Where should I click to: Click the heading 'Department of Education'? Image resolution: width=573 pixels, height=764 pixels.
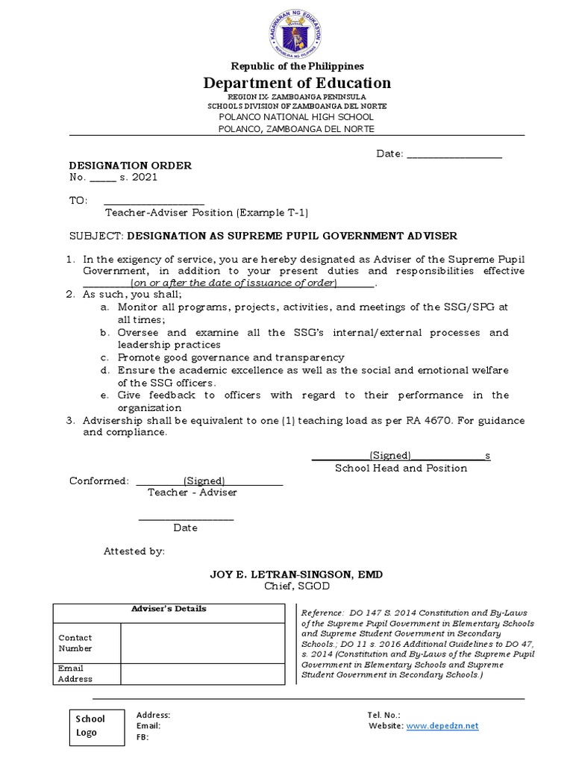click(296, 83)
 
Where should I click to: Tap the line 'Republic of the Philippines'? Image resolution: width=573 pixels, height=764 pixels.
click(296, 66)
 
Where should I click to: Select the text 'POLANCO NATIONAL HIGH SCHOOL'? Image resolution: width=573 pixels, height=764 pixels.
click(296, 117)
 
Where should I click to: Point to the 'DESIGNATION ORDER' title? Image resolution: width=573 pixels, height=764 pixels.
click(131, 165)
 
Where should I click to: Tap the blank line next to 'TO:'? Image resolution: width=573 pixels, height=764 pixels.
click(154, 201)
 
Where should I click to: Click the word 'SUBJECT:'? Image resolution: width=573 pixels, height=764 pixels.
click(96, 236)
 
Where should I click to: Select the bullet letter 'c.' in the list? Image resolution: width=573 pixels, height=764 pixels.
click(106, 357)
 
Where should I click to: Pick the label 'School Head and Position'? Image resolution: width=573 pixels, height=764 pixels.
click(401, 468)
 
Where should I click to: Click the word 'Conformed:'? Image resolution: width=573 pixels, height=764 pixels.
click(98, 480)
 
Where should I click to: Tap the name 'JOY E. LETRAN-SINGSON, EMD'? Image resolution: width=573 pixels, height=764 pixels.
click(296, 574)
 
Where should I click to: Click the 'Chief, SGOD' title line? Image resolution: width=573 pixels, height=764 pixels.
click(296, 586)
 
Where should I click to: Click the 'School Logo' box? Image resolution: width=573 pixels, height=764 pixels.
click(91, 725)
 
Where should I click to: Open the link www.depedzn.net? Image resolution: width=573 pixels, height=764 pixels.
click(442, 725)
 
